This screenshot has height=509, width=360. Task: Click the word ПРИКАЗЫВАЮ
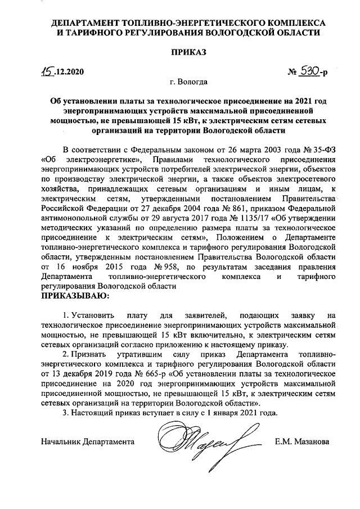click(x=73, y=295)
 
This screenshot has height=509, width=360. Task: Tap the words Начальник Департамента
click(x=91, y=442)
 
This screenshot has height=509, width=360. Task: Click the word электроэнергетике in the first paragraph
click(x=100, y=160)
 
